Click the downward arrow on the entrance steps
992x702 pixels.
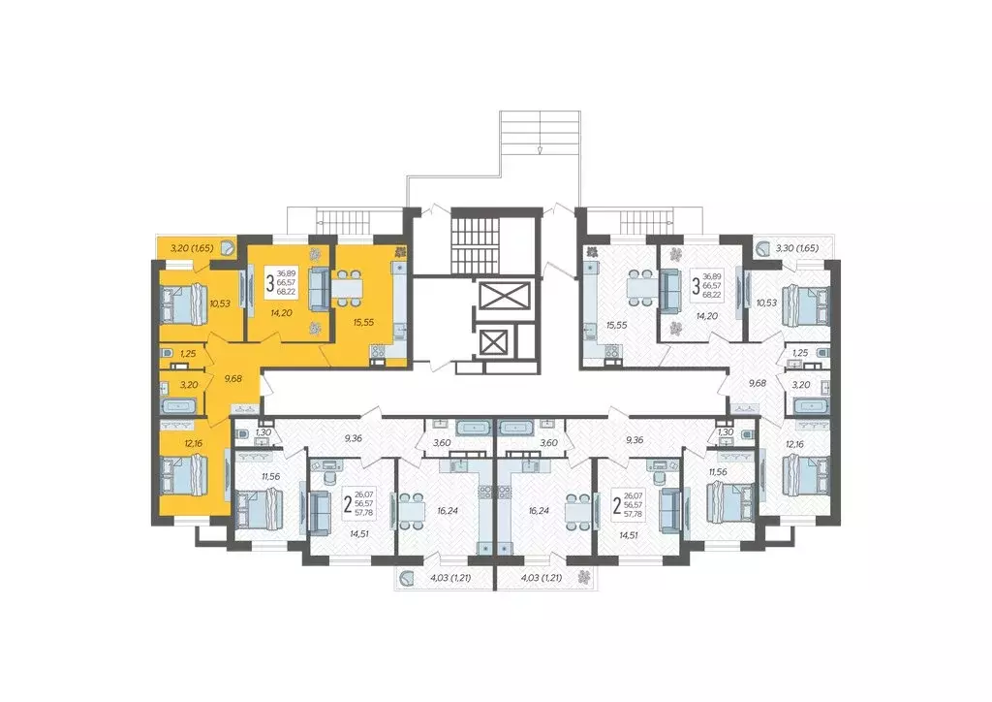point(539,149)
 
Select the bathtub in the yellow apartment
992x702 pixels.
point(180,404)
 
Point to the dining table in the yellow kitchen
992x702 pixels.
point(348,287)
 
